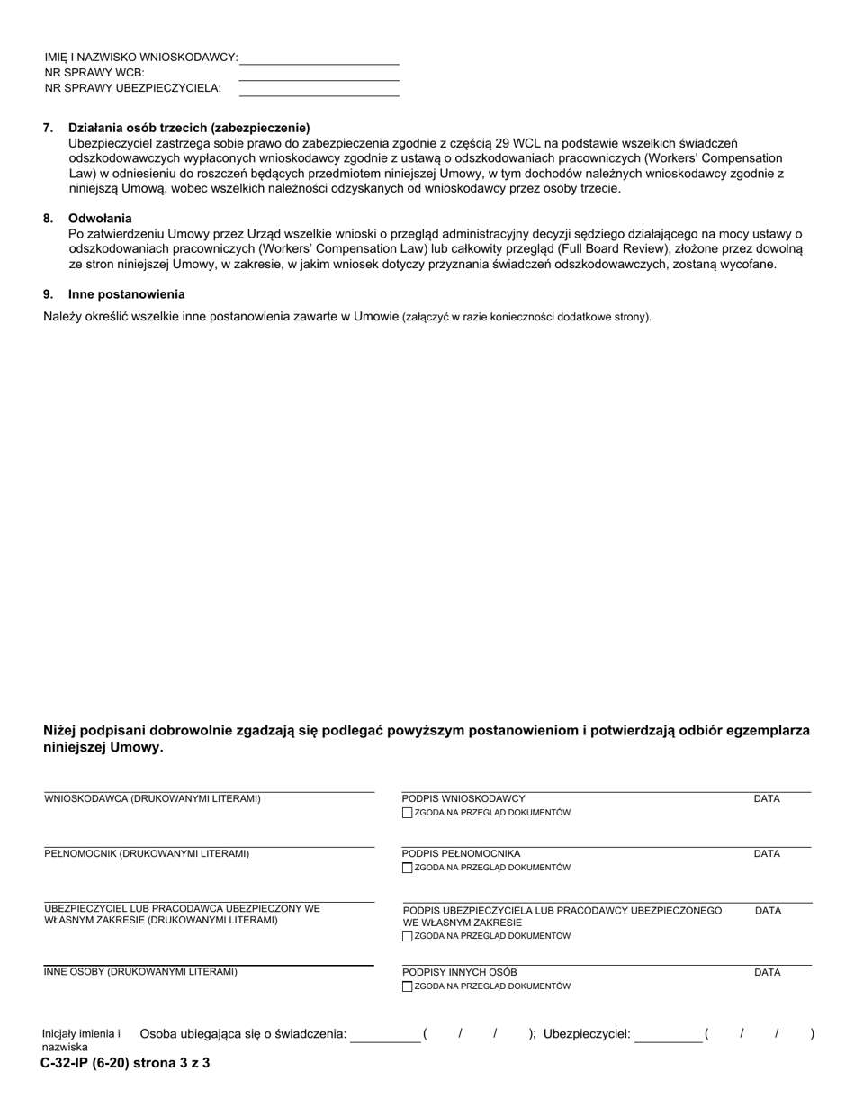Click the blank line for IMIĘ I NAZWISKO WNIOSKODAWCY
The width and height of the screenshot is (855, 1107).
(x=319, y=58)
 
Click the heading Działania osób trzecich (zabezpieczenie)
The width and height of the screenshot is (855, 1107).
(x=189, y=128)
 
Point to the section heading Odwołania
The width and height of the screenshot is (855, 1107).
(x=100, y=219)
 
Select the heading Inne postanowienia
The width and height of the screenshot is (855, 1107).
(x=127, y=294)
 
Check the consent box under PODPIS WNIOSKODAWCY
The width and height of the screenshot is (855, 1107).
(x=408, y=813)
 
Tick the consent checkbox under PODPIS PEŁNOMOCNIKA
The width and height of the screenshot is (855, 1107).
(x=408, y=868)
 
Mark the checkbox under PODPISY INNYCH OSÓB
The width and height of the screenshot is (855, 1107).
(x=408, y=986)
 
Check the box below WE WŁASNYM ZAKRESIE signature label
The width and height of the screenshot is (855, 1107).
(x=408, y=936)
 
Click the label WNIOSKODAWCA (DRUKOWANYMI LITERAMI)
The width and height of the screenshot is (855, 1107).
(x=153, y=799)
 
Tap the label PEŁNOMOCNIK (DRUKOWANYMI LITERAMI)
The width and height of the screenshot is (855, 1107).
(x=147, y=854)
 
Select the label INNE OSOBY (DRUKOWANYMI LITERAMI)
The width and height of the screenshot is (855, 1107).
(x=140, y=972)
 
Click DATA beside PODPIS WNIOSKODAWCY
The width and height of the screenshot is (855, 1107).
(x=767, y=799)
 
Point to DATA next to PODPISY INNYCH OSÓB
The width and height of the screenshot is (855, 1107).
(x=767, y=973)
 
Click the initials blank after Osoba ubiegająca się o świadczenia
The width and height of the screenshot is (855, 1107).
(x=385, y=1035)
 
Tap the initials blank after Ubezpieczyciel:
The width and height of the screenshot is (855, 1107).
(x=668, y=1035)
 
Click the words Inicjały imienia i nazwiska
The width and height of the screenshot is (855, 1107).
(x=81, y=1040)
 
